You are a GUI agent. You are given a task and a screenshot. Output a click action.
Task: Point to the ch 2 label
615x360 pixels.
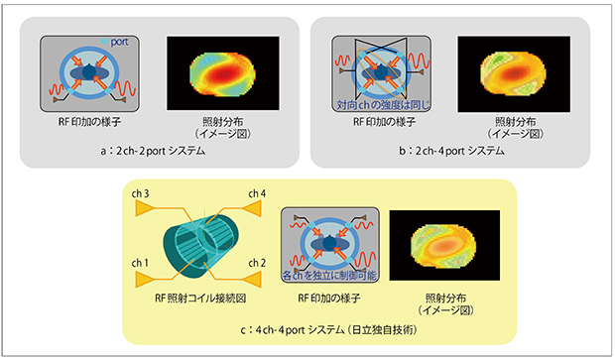[x=257, y=262]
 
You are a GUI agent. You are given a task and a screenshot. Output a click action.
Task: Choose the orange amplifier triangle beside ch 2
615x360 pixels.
[x=256, y=279]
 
